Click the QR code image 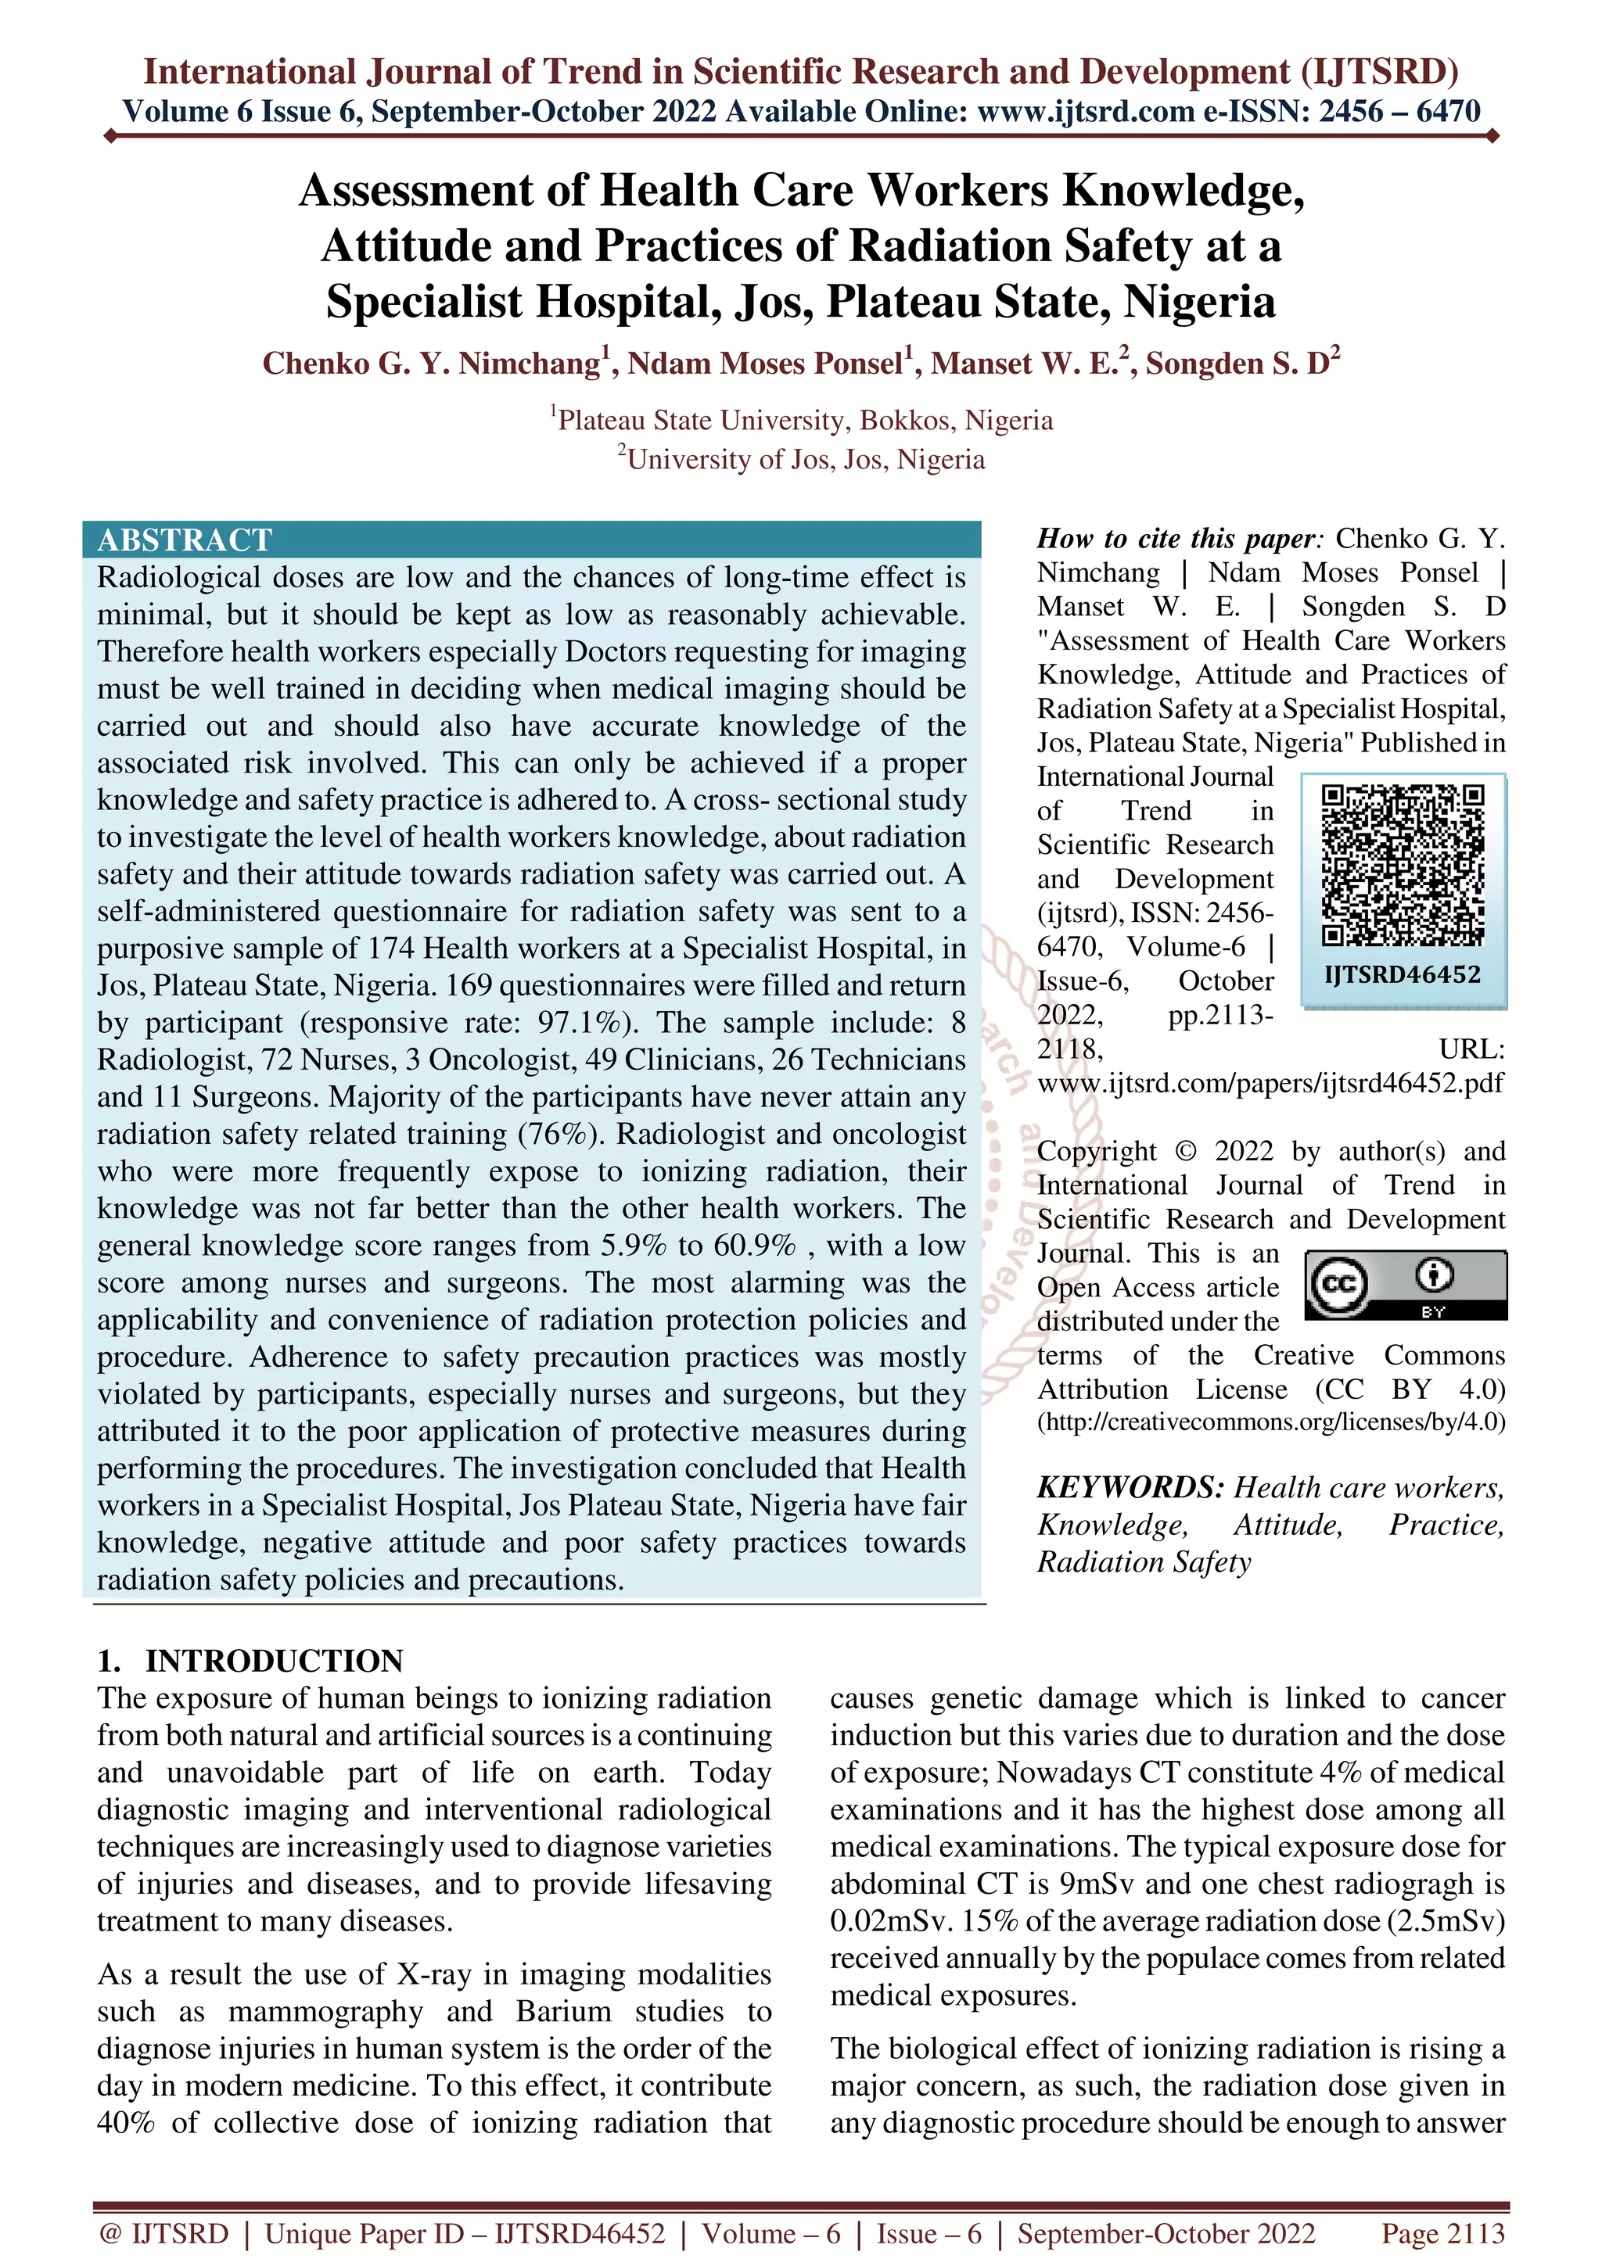tap(1403, 866)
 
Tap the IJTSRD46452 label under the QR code tap(1403, 975)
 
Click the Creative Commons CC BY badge tap(1406, 1285)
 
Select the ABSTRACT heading tap(185, 540)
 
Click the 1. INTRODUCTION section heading tap(250, 1661)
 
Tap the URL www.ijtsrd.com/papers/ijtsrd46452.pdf tap(1270, 1083)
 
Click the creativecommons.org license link tap(1271, 1422)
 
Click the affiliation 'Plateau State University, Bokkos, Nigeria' tap(804, 421)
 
